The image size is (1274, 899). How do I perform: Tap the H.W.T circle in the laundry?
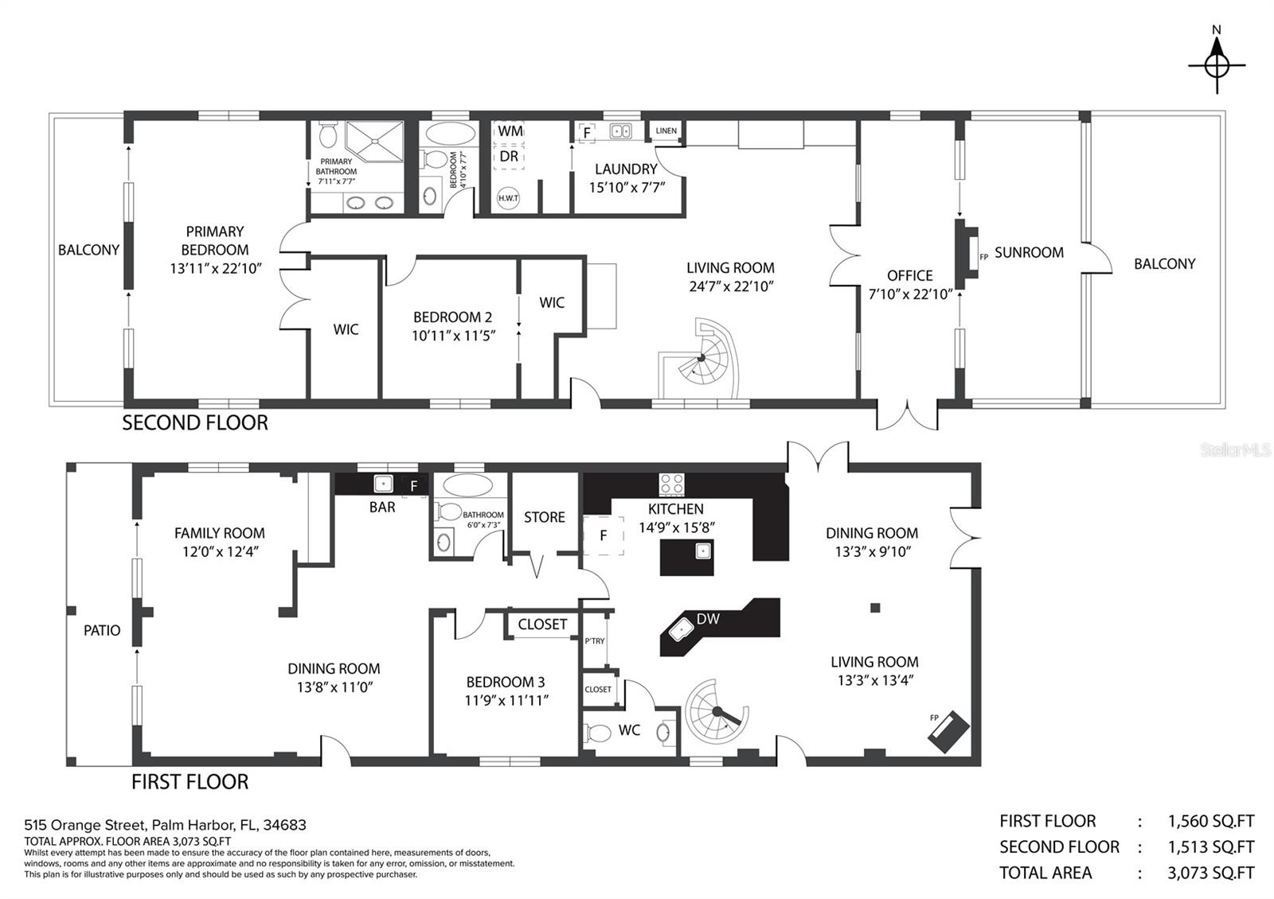click(x=508, y=198)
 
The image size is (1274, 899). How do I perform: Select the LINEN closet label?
click(x=666, y=130)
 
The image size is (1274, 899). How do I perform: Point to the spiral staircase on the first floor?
click(x=717, y=711)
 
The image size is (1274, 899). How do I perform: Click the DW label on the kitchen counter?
click(x=708, y=619)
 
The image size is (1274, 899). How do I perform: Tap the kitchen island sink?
click(x=703, y=551)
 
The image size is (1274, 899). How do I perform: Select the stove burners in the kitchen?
click(x=672, y=485)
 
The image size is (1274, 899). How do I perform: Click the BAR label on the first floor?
click(x=382, y=507)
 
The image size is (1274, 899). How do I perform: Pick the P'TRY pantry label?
click(x=594, y=641)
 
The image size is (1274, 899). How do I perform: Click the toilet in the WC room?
click(x=596, y=733)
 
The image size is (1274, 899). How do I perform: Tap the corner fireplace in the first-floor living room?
click(x=948, y=731)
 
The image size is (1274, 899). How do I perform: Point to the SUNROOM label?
click(x=1029, y=252)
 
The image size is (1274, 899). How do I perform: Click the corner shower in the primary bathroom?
click(x=375, y=142)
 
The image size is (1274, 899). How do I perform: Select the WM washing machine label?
click(x=510, y=130)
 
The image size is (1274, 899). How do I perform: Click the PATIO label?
click(x=102, y=630)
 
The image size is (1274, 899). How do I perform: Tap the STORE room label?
click(x=545, y=517)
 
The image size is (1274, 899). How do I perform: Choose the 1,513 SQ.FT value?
click(x=1211, y=846)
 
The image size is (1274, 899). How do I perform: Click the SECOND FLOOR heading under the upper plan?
click(x=195, y=422)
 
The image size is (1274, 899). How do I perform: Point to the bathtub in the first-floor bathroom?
click(x=467, y=486)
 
